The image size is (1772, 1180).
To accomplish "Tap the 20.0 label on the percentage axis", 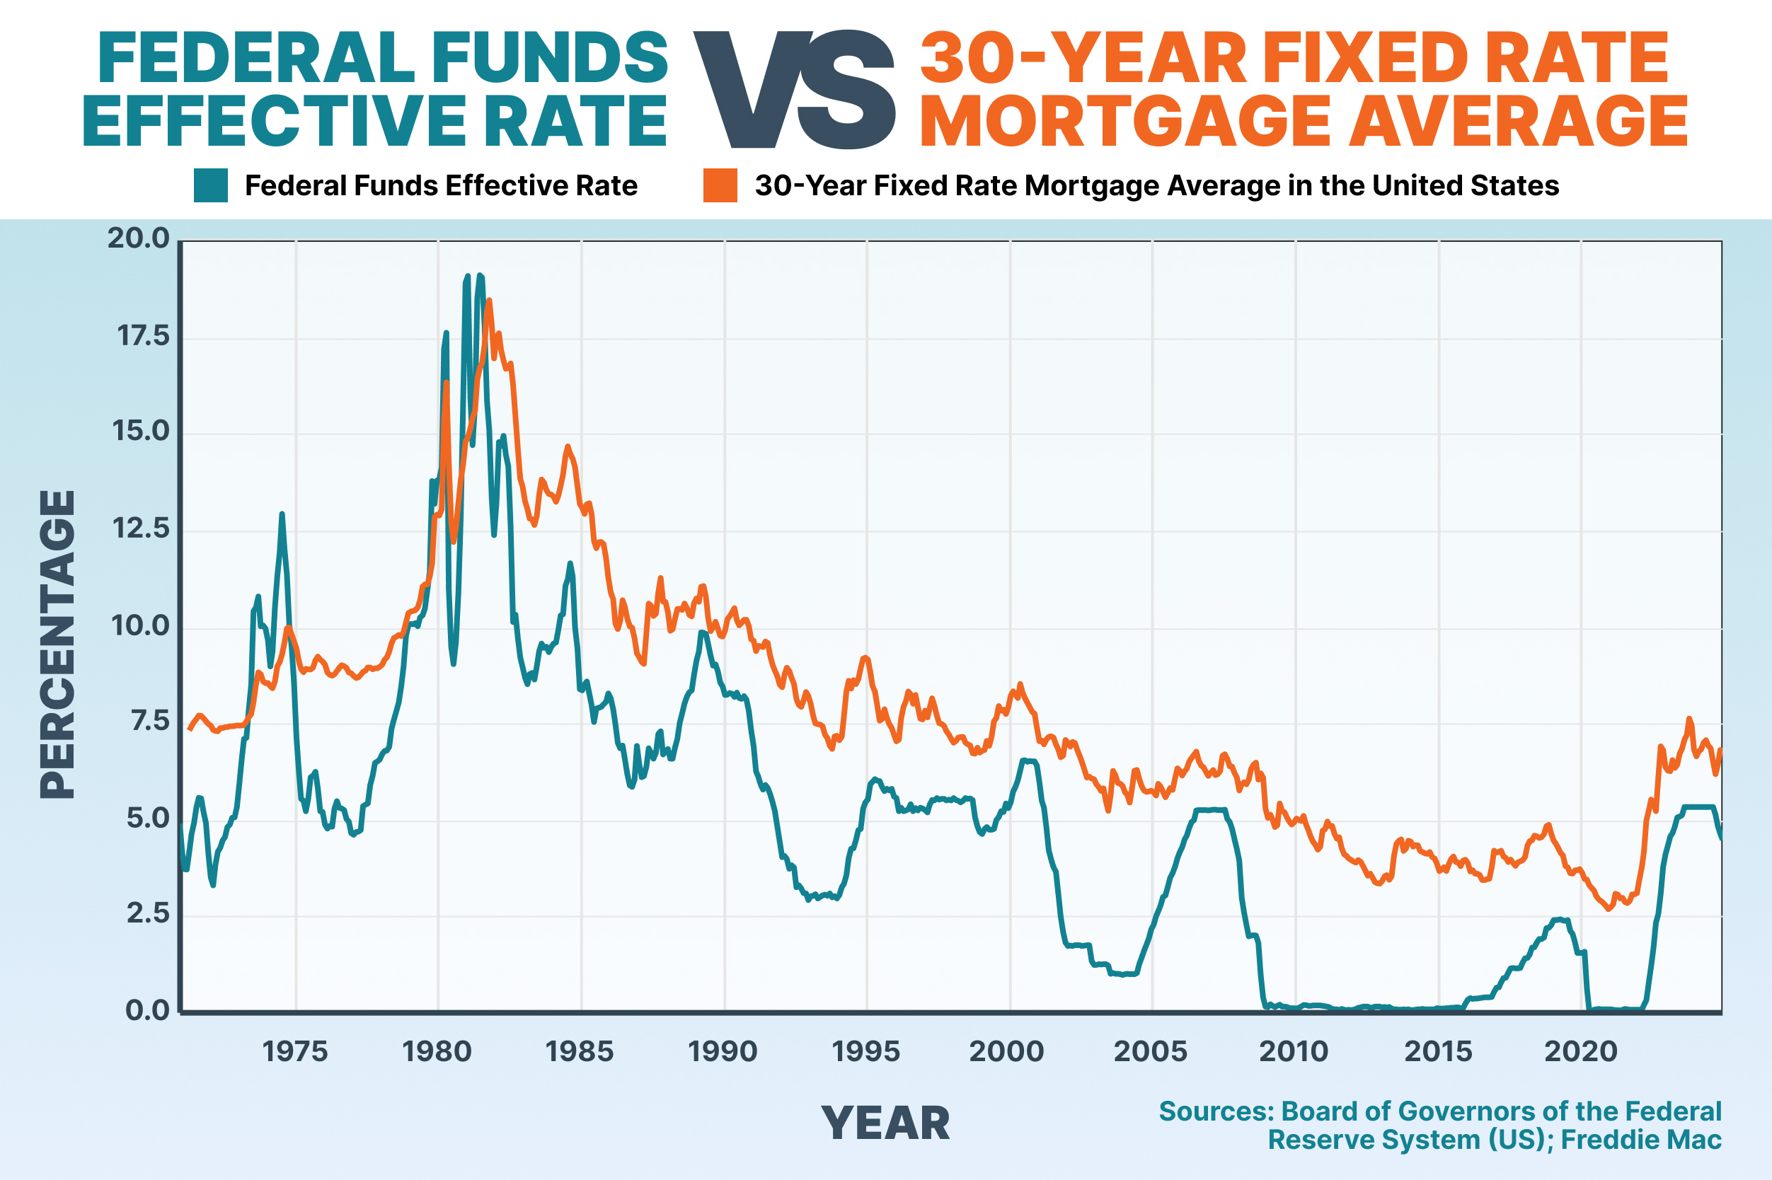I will pyautogui.click(x=139, y=238).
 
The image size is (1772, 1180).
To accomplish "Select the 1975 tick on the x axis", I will pyautogui.click(x=295, y=1051).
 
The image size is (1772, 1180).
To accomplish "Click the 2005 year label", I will pyautogui.click(x=1150, y=1051).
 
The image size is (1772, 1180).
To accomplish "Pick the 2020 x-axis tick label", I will pyautogui.click(x=1580, y=1051).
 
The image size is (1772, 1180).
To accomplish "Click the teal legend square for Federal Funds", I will pyautogui.click(x=211, y=186).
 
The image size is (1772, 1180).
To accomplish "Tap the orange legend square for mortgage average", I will pyautogui.click(x=720, y=186).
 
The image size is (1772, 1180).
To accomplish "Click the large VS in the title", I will pyautogui.click(x=793, y=91).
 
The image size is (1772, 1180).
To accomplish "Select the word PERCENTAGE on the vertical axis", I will pyautogui.click(x=58, y=644).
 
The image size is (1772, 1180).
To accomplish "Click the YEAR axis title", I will pyautogui.click(x=885, y=1123).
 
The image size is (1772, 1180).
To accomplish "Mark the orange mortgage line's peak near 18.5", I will pyautogui.click(x=489, y=301).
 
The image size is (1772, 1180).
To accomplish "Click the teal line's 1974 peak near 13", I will pyautogui.click(x=282, y=515).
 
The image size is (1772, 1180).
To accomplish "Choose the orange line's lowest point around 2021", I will pyautogui.click(x=1609, y=909).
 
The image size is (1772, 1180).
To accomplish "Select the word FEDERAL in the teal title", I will pyautogui.click(x=256, y=59).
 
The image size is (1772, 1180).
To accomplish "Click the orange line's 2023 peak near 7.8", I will pyautogui.click(x=1688, y=719).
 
